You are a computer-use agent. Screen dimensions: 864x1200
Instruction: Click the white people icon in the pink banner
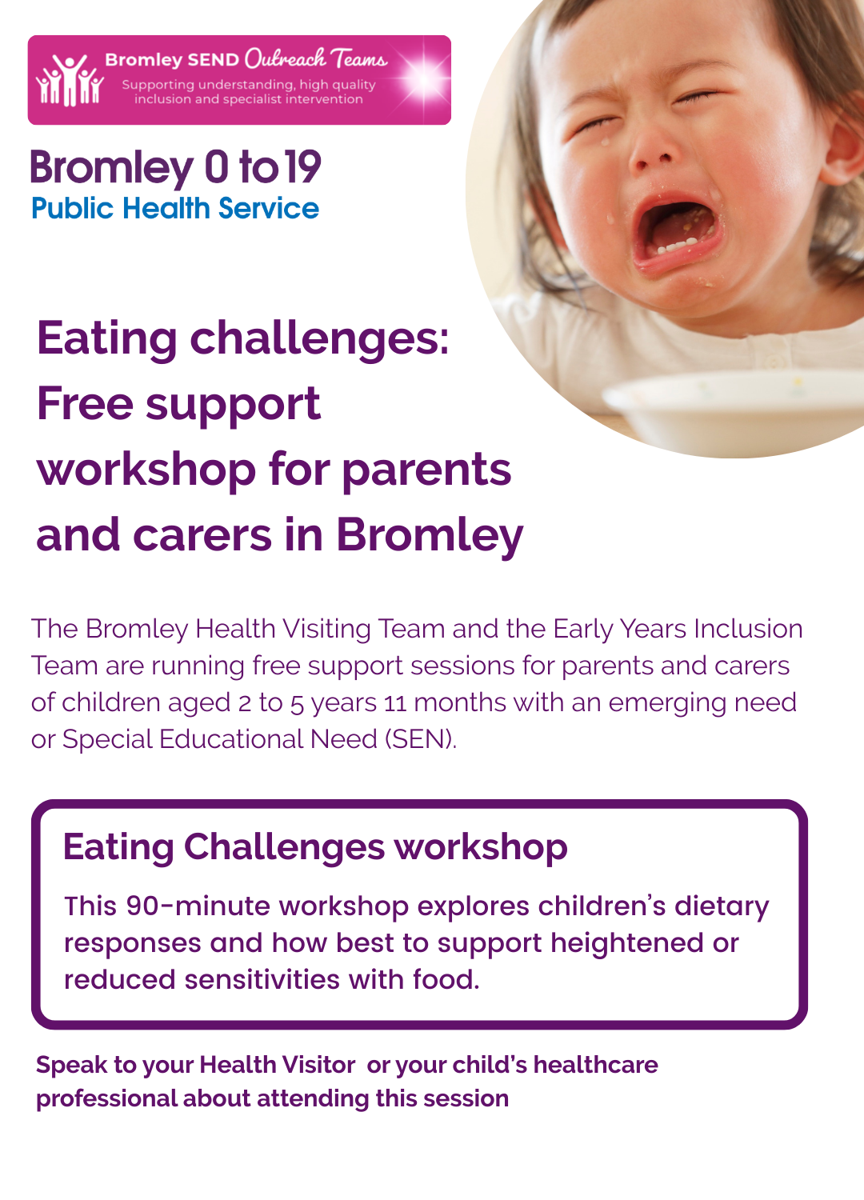click(x=70, y=80)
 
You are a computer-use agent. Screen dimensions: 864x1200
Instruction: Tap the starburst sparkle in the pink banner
click(x=425, y=78)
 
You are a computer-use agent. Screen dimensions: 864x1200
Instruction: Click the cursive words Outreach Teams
click(x=316, y=58)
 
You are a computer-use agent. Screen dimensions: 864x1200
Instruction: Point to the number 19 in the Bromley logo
click(x=302, y=167)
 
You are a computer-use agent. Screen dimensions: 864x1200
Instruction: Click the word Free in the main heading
click(x=85, y=403)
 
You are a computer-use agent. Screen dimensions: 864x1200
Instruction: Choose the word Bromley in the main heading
click(x=430, y=536)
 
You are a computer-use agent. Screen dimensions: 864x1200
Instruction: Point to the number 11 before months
click(x=395, y=703)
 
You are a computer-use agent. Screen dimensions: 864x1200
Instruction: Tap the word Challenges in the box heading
click(x=285, y=847)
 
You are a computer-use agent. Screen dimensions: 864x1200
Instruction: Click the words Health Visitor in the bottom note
click(x=278, y=1065)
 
